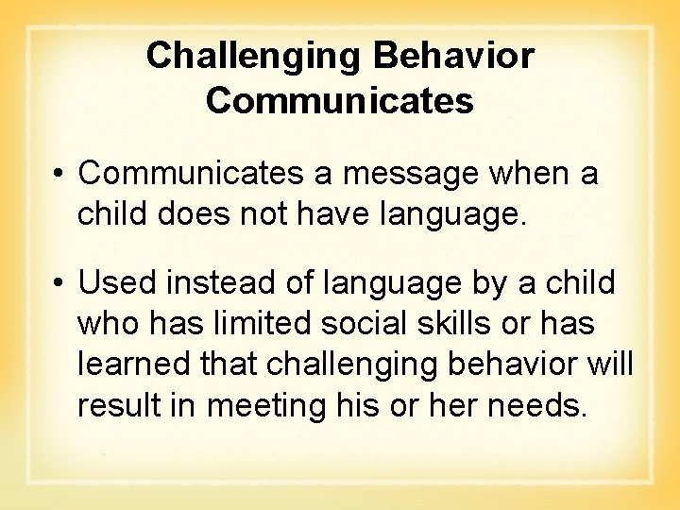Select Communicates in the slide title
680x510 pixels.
point(340,101)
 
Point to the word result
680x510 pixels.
point(113,405)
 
